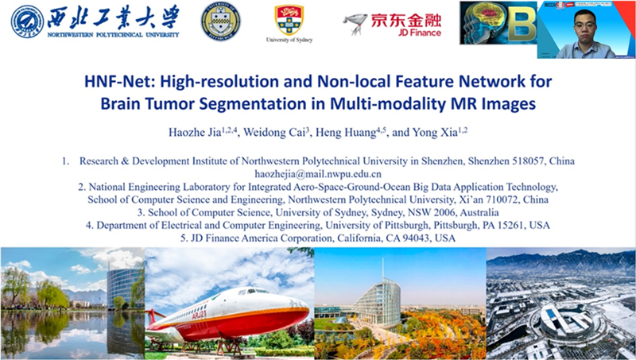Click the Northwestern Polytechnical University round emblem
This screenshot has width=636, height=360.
coord(27,22)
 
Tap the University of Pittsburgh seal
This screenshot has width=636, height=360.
coord(221,21)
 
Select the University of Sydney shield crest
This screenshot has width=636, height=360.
coord(289,20)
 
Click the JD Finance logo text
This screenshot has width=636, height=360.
coord(406,25)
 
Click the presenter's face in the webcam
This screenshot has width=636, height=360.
coord(585,25)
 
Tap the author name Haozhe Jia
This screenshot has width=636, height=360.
coord(195,132)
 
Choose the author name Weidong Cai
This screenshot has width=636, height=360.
coord(274,132)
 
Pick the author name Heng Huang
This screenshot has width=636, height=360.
coord(346,132)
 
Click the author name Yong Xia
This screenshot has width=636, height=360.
coord(435,132)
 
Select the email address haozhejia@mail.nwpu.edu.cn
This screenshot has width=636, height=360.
coord(318,174)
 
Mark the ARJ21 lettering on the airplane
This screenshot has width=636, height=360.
coord(199,315)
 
